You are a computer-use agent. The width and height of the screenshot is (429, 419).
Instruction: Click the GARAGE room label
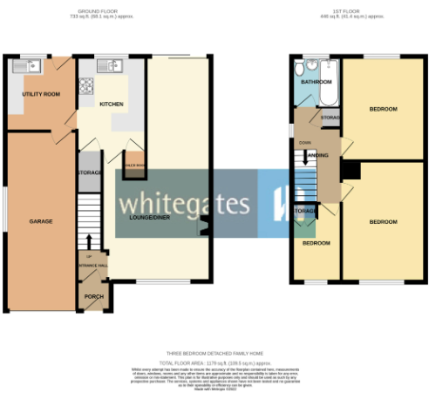(40, 221)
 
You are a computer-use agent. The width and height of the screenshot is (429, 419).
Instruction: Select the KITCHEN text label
(111, 104)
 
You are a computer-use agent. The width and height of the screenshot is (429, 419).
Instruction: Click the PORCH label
(92, 296)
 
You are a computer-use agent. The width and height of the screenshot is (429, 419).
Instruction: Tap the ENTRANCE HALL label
(92, 265)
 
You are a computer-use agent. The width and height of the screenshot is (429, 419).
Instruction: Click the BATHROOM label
(315, 82)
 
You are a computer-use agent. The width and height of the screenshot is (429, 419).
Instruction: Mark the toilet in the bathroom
(300, 70)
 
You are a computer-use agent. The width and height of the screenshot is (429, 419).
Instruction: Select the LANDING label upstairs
(319, 155)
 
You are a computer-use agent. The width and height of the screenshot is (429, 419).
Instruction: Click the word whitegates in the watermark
(185, 205)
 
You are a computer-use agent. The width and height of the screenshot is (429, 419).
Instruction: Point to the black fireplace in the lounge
(204, 228)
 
